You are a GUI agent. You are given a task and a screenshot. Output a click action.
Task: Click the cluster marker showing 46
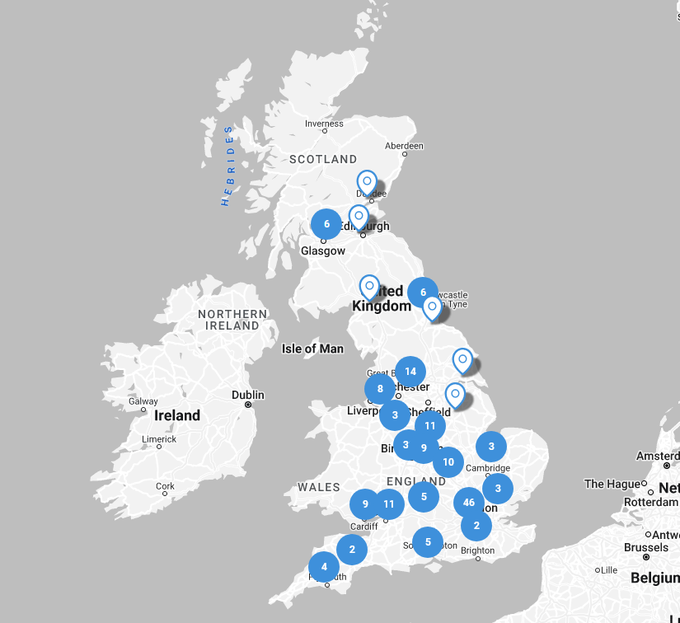tap(469, 502)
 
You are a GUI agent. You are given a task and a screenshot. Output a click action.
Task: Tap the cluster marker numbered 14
tap(410, 372)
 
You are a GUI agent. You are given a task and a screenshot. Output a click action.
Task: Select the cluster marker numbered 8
tap(380, 389)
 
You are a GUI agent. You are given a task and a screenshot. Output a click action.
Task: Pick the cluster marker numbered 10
tap(448, 462)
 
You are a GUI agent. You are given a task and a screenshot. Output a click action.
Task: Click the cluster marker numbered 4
tap(324, 566)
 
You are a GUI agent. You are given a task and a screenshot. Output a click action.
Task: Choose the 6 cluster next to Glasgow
tap(326, 223)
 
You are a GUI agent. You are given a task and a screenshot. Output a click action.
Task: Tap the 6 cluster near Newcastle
tap(423, 292)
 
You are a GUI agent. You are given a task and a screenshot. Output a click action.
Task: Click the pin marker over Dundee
tap(367, 182)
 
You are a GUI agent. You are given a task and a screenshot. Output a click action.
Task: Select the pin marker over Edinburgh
tap(359, 217)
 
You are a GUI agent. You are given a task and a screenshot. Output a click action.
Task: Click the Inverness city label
tap(324, 124)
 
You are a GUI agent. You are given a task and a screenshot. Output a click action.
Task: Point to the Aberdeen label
tap(404, 146)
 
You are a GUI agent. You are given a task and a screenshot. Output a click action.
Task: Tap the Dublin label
tap(247, 394)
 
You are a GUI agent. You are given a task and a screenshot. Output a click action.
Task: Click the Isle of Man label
tap(312, 349)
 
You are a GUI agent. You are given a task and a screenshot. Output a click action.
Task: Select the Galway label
tap(143, 401)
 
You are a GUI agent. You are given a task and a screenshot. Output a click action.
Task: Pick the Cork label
tap(166, 486)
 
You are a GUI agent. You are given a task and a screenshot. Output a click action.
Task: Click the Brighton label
tap(478, 550)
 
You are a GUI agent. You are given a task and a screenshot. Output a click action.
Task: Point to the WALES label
tap(319, 487)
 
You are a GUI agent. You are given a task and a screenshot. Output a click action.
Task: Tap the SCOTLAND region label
tap(323, 159)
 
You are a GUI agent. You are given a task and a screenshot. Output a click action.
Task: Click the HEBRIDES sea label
tap(227, 166)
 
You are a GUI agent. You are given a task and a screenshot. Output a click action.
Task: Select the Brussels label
tap(646, 547)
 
